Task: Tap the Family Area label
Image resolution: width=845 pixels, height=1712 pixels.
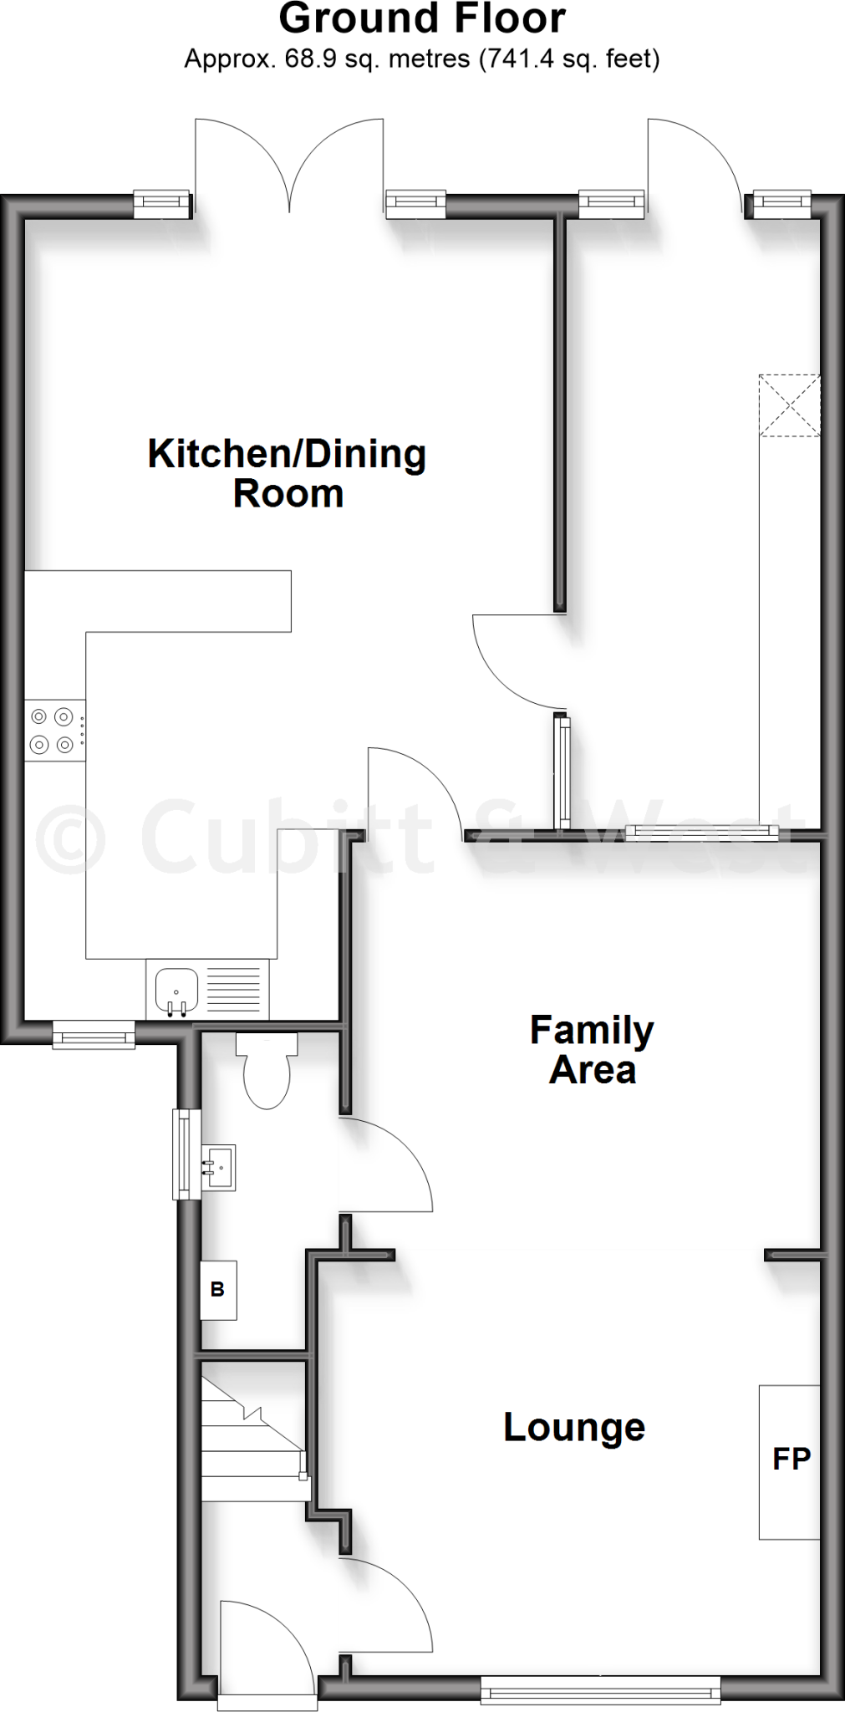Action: tap(592, 1049)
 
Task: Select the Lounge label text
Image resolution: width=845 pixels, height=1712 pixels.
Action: tap(574, 1426)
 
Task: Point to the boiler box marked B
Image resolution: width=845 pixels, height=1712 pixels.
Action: tap(218, 1290)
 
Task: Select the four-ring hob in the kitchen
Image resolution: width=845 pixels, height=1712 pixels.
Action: tap(53, 730)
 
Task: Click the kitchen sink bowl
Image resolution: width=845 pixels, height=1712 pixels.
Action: tap(176, 991)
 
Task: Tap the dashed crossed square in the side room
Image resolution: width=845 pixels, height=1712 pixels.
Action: tap(789, 405)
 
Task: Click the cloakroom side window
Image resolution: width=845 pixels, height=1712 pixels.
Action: tap(186, 1154)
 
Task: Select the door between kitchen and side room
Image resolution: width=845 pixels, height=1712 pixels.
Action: tap(514, 660)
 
